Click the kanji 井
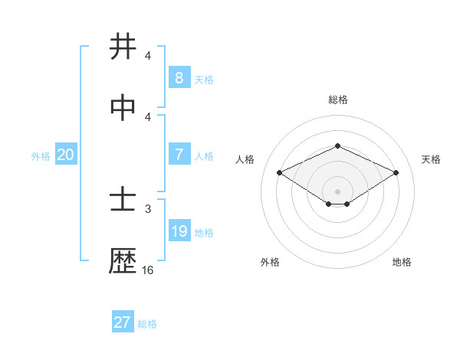123,47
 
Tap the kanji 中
123,108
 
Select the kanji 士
123,201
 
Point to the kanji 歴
123,262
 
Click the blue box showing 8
179,77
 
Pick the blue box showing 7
179,155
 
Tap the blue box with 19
179,231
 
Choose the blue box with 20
65,155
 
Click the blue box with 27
122,322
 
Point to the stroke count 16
148,270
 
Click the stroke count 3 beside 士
148,208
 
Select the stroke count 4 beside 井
148,56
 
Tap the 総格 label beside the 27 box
147,324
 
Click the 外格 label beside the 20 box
41,156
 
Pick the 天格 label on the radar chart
431,159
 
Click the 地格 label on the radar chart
402,262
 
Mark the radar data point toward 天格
396,173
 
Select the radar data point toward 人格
279,173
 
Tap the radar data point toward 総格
337,146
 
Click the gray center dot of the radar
337,191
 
